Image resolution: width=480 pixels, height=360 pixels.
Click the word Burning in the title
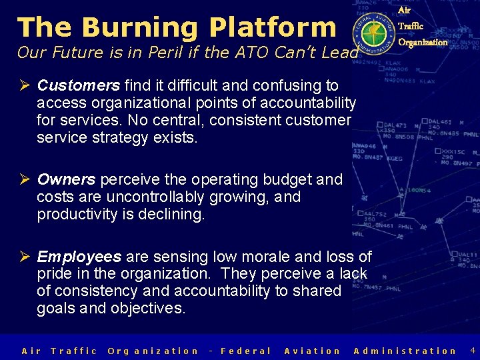click(140, 27)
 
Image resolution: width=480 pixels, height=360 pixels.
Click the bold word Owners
click(67, 179)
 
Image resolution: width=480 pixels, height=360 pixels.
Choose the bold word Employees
click(79, 257)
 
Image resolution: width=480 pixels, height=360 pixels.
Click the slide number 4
click(472, 350)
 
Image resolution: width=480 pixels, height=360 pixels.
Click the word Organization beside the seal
click(423, 43)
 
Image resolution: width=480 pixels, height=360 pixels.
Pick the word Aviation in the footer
click(312, 351)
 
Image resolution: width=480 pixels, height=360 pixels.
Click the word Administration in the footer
click(405, 351)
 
